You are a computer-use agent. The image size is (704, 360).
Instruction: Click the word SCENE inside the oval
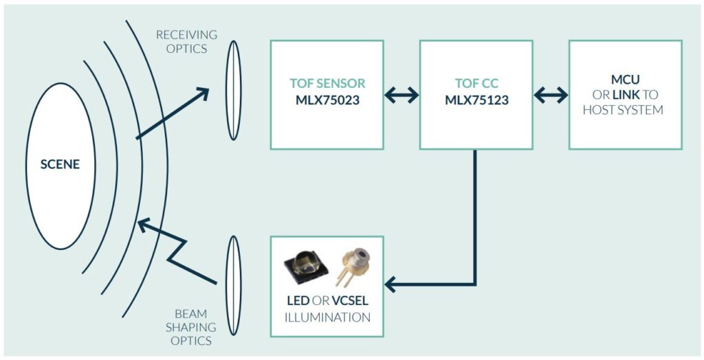60,165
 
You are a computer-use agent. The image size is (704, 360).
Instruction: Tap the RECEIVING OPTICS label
186,41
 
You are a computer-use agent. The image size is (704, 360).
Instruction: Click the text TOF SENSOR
327,84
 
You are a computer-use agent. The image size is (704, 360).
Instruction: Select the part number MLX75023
327,100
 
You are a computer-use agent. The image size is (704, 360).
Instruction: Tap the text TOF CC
476,84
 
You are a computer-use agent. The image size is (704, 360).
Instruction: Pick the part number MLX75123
476,100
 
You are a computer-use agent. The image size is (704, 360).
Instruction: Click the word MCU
625,80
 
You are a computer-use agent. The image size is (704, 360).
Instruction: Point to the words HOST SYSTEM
623,110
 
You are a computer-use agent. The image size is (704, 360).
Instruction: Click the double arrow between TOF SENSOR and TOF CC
401,95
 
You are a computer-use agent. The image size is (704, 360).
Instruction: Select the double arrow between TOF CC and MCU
551,95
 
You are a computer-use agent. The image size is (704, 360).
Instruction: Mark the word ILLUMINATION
327,317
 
